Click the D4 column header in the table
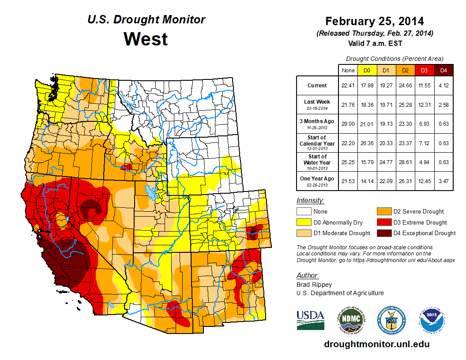(x=443, y=70)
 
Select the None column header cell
(x=348, y=70)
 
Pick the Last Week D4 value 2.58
(x=443, y=105)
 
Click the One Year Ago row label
(x=317, y=178)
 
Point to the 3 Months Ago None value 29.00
(x=348, y=124)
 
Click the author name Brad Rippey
(x=314, y=285)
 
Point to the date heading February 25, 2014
(x=374, y=21)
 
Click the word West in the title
(x=146, y=39)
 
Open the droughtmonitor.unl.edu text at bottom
(x=376, y=344)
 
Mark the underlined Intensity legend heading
(x=310, y=201)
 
